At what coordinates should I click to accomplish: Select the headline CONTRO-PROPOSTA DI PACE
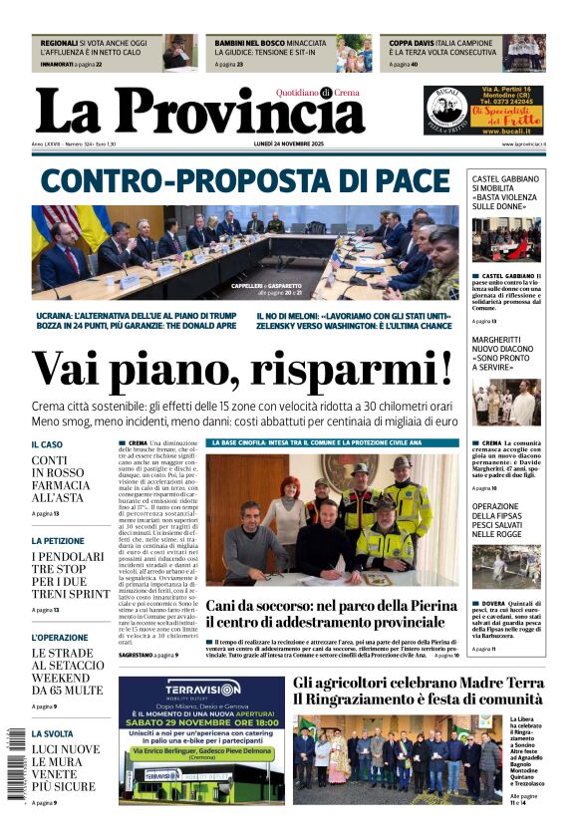click(x=246, y=181)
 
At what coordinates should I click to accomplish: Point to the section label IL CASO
click(x=47, y=444)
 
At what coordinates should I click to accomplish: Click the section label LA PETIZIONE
click(x=58, y=541)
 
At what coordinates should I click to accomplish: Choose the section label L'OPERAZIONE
click(x=60, y=637)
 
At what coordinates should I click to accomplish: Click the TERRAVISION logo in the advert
click(x=175, y=690)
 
